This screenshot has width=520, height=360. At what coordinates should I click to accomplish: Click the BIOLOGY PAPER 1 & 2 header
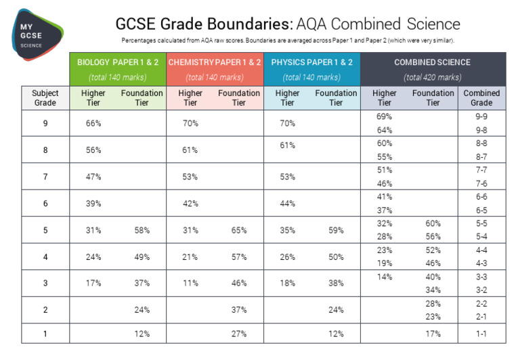(118, 62)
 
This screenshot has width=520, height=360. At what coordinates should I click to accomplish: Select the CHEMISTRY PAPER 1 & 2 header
(214, 62)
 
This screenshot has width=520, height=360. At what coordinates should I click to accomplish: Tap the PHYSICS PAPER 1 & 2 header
(311, 62)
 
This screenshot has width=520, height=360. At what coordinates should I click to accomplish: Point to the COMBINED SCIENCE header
(432, 62)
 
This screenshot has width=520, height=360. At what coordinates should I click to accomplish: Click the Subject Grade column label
(45, 97)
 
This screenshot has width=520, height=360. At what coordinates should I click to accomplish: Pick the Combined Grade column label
(481, 97)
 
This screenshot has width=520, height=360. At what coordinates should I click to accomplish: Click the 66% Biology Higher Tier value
(93, 123)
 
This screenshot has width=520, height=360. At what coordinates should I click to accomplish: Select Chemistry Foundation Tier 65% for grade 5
(238, 230)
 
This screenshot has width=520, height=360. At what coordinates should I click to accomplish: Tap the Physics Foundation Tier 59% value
(336, 230)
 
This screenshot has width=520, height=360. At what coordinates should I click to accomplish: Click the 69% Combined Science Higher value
(385, 116)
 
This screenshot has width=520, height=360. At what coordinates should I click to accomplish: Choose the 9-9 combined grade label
(481, 116)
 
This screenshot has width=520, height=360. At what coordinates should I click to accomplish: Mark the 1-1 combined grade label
(481, 333)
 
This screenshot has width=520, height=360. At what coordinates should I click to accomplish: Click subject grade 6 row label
(45, 203)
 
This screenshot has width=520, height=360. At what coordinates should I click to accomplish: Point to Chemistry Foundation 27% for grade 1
(238, 333)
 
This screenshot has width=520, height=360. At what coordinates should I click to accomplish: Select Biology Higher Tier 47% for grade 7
(93, 177)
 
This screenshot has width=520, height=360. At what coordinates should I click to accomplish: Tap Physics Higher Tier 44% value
(287, 203)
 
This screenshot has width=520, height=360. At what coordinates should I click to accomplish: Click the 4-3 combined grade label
(481, 263)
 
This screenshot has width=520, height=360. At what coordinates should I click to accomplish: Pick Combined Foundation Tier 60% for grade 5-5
(433, 223)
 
